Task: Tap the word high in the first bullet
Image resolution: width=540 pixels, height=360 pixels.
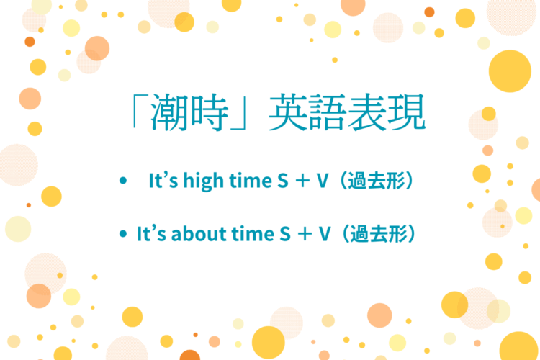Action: [204, 180]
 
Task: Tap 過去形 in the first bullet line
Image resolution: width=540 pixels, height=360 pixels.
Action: [378, 180]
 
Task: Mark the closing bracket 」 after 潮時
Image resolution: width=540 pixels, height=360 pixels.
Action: [249, 119]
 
